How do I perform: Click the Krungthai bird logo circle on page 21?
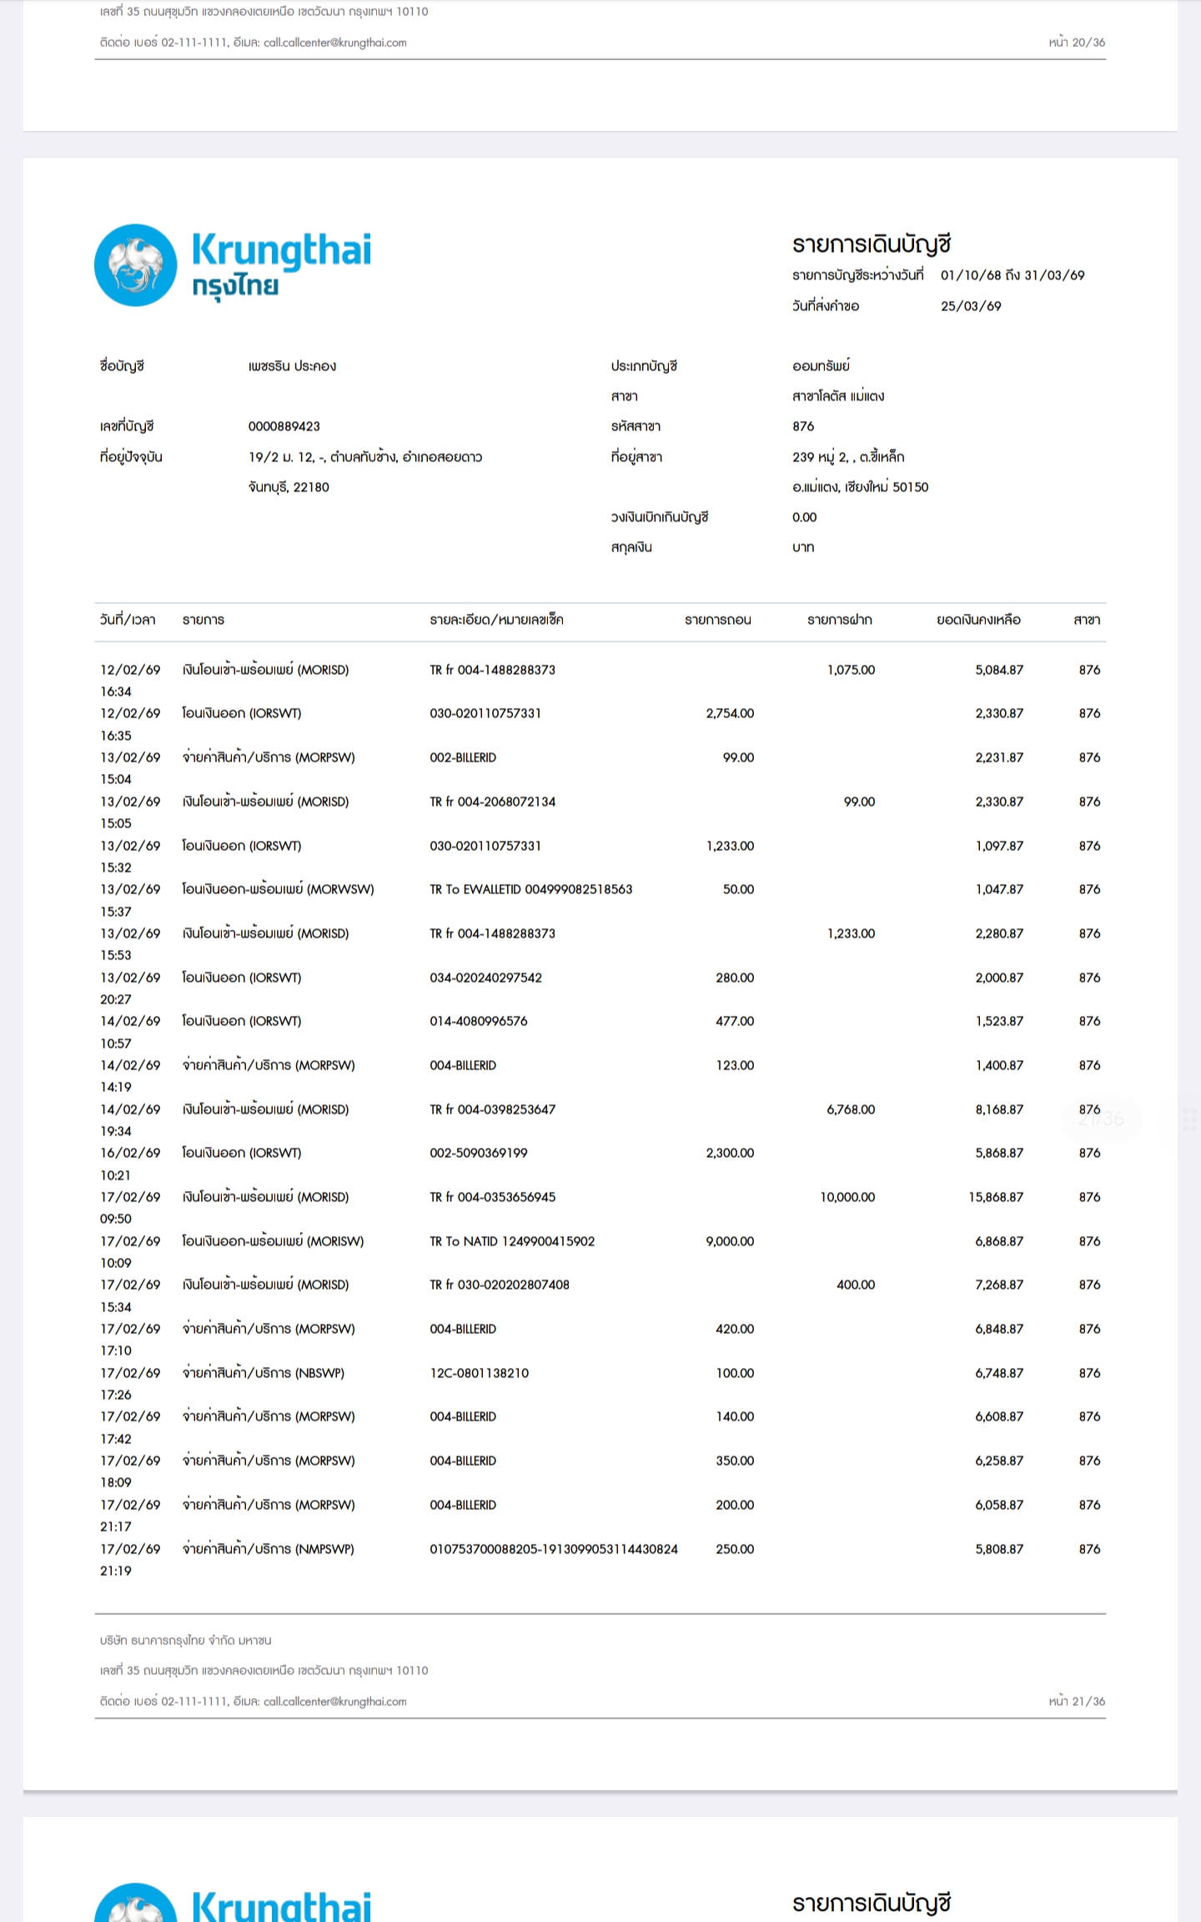[135, 265]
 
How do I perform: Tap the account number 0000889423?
[284, 426]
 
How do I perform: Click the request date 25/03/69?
[971, 306]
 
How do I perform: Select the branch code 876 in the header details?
[802, 426]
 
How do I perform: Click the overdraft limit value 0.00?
[804, 517]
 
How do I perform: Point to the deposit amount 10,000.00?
[847, 1197]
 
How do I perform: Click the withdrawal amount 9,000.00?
[730, 1241]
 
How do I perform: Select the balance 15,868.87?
[996, 1197]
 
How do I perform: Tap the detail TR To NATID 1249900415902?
[512, 1241]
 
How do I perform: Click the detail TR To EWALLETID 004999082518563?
[530, 889]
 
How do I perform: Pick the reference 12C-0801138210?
[479, 1373]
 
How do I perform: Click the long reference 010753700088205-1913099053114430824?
[554, 1549]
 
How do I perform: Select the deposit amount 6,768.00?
[851, 1109]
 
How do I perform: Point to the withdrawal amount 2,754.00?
[730, 713]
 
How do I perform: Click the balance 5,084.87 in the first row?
[999, 670]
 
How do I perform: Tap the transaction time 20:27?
[116, 999]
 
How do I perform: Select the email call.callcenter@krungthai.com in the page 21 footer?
[334, 1701]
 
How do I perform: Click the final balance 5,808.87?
[999, 1549]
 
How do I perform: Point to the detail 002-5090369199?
[479, 1153]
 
